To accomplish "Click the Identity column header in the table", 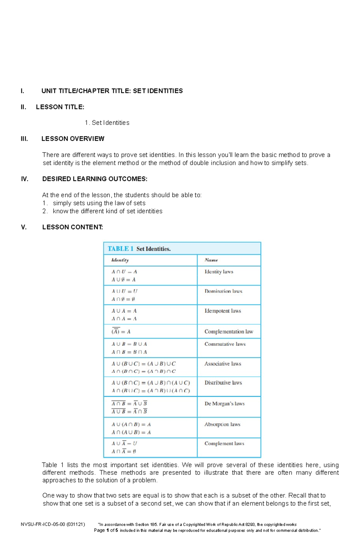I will (120, 260).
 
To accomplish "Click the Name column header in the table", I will (211, 260).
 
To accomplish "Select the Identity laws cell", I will (219, 272).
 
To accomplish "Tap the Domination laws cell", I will (223, 291).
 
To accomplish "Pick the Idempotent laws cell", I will (223, 311).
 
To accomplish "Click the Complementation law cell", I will (229, 331).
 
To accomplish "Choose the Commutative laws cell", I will (225, 344).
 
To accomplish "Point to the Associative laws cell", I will (223, 364).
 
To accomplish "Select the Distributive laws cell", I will (223, 383).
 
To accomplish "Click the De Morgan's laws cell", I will (224, 404).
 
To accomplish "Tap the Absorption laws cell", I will (222, 424).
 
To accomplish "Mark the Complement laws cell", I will (224, 444).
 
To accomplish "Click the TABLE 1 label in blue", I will (120, 249).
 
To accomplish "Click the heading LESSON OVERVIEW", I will (73, 139).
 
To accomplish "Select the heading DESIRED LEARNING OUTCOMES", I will (95, 179).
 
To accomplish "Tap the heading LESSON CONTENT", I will (73, 227).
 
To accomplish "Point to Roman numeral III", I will (24, 139).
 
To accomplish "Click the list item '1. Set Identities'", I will (107, 123).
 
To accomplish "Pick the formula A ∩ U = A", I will (124, 272).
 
